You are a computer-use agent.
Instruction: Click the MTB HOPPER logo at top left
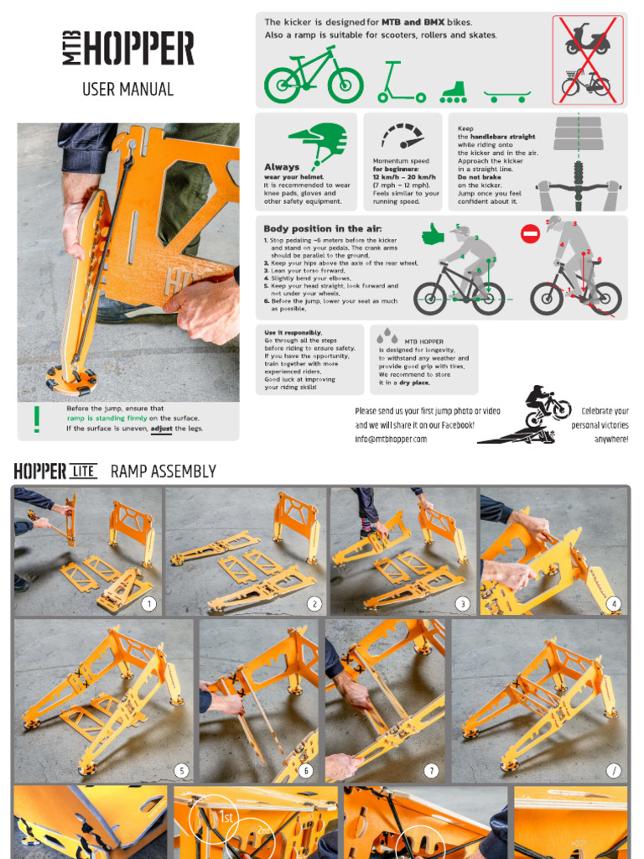coord(127,49)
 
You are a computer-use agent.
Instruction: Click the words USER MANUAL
coord(127,89)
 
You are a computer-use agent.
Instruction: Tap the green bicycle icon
coord(314,76)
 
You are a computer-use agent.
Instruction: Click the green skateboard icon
coord(508,95)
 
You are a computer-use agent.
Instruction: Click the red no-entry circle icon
coord(530,234)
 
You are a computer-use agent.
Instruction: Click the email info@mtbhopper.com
coord(391,439)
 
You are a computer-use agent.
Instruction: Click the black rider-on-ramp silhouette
coord(524,415)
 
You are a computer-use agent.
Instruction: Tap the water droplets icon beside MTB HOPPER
coord(387,336)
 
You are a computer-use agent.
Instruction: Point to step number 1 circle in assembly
coord(148,603)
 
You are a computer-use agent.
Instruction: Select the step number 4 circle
coord(614,603)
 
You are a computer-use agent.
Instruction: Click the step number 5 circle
coord(180,770)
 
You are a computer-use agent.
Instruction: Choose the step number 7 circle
coord(431,770)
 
